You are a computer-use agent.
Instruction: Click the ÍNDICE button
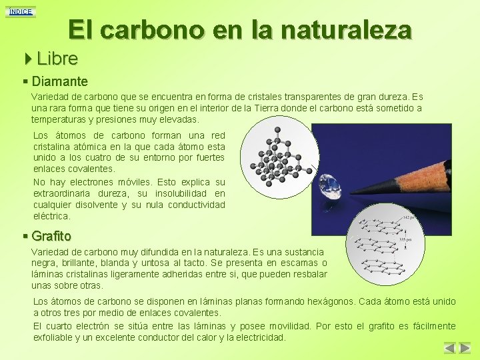(x=20, y=11)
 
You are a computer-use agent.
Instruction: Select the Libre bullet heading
(x=57, y=59)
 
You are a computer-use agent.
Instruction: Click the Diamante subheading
(x=59, y=81)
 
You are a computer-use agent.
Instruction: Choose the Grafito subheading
(x=51, y=236)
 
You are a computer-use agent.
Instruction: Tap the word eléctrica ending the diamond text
(x=51, y=216)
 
